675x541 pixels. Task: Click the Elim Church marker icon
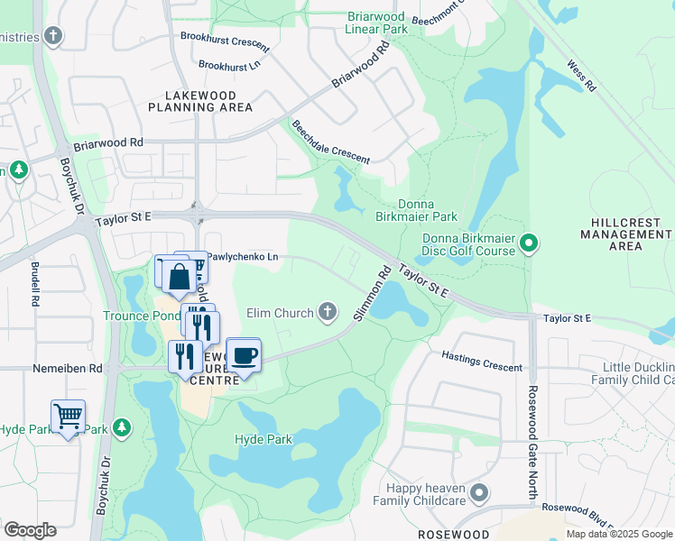(x=328, y=313)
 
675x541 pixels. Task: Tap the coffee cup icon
(x=243, y=355)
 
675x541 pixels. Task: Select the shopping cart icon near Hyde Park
(x=69, y=417)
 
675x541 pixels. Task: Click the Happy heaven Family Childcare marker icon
(x=479, y=493)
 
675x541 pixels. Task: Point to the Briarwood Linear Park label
(x=377, y=23)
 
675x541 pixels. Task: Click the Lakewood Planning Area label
(x=200, y=101)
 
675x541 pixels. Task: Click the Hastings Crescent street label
(x=482, y=362)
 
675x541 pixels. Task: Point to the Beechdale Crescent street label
(x=329, y=142)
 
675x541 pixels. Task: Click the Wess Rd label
(x=580, y=76)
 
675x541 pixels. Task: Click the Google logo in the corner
(x=30, y=530)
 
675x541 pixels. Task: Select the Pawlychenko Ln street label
(x=243, y=257)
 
